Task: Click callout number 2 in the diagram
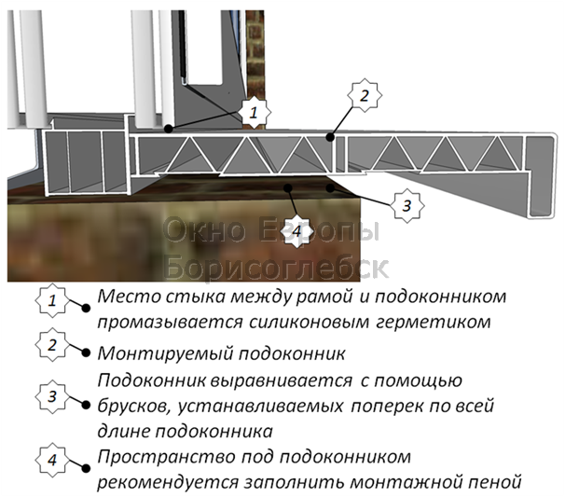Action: tap(365, 95)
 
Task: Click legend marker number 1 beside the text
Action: tap(52, 300)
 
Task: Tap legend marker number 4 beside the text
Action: tap(52, 462)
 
